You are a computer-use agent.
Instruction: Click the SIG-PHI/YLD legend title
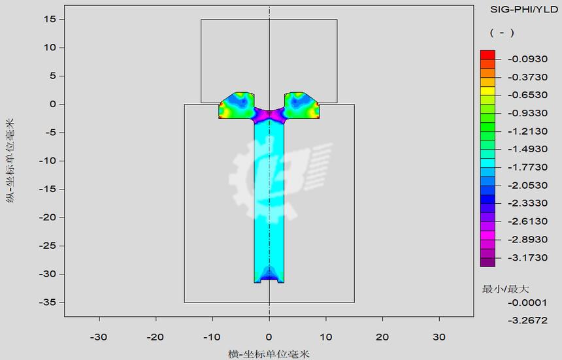(x=523, y=10)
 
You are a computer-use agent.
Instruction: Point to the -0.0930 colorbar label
(x=527, y=59)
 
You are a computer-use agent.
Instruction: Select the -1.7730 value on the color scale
(x=527, y=167)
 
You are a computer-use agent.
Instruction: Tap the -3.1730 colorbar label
(x=527, y=257)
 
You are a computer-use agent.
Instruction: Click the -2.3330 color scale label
(x=527, y=203)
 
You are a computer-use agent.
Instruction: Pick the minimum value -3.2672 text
(x=527, y=320)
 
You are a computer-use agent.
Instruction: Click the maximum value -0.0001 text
(x=527, y=303)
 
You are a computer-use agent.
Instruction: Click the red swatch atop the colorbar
(x=488, y=55)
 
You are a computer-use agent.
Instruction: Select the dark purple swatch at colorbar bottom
(x=488, y=262)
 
